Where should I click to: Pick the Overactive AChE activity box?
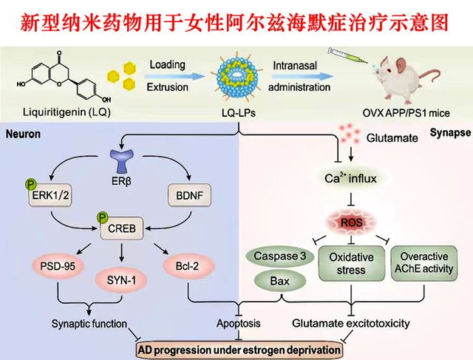[426, 263]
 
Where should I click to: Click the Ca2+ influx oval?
[350, 177]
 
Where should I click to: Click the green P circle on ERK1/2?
[31, 186]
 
